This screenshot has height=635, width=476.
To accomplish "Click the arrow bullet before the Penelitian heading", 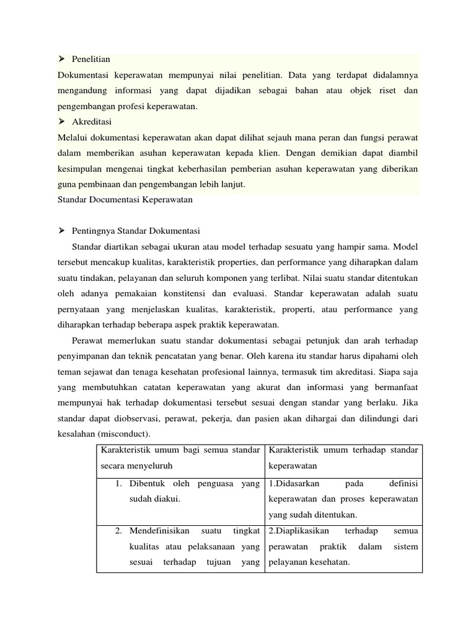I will point(61,60).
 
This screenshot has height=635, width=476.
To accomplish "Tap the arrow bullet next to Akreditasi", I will point(61,122).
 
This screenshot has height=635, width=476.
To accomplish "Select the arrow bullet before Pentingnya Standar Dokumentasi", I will point(61,231).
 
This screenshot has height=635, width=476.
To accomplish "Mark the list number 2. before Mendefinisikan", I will point(120,531).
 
